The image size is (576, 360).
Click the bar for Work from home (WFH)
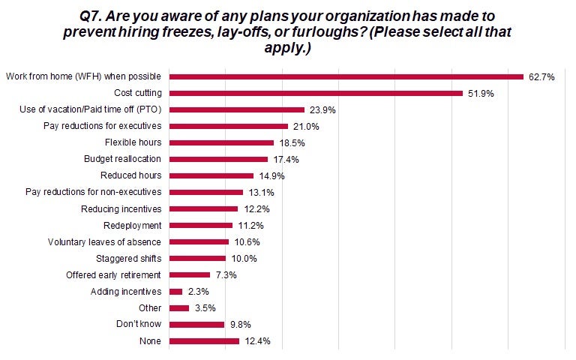tap(346, 76)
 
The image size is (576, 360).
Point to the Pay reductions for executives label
tap(103, 126)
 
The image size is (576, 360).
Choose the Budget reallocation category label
tap(123, 159)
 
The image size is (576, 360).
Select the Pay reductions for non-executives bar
tap(207, 192)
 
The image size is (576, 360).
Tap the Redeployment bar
tap(202, 225)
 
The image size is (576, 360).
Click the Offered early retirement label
tap(113, 274)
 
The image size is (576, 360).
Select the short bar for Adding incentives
tap(176, 291)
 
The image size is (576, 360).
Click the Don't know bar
tap(197, 324)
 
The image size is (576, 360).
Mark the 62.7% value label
tap(540, 76)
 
